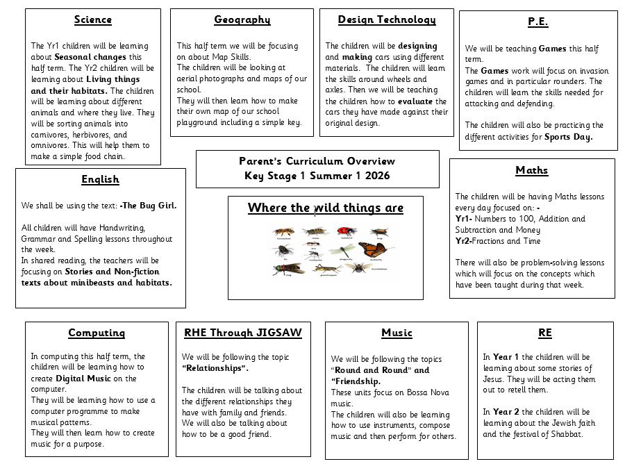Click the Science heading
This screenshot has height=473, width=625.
click(92, 19)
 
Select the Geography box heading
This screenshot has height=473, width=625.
click(242, 19)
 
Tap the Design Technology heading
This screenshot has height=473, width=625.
click(387, 19)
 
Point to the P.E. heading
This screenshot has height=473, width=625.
click(537, 22)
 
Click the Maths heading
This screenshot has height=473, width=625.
click(532, 170)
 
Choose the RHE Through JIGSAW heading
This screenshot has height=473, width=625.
click(243, 333)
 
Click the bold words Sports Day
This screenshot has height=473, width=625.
click(568, 137)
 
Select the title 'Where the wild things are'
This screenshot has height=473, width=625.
click(325, 208)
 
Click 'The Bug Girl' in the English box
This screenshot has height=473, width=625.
click(149, 206)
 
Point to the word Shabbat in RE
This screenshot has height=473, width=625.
click(566, 434)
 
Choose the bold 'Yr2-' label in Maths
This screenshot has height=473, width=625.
click(463, 241)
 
